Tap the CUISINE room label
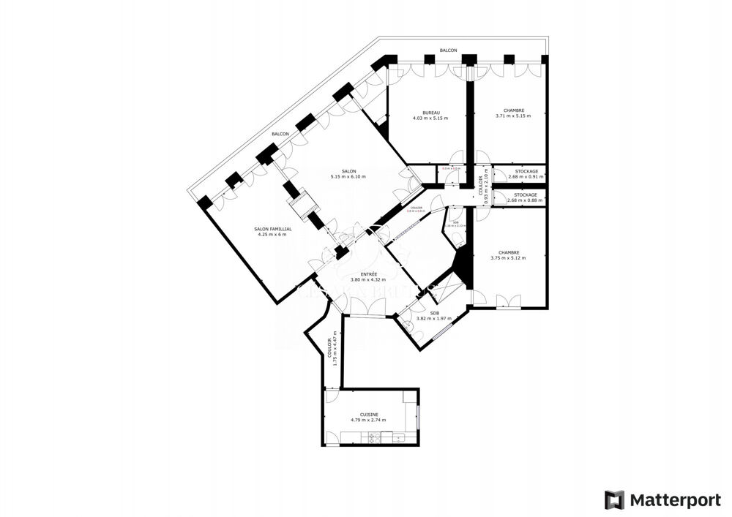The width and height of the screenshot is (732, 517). (368, 414)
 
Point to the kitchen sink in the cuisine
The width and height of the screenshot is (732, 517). (399, 438)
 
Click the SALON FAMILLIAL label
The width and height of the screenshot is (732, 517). (273, 229)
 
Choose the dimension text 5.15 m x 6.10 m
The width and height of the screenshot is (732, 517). (348, 176)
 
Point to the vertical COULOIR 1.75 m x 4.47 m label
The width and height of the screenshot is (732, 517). (332, 347)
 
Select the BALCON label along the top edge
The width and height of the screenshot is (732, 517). (448, 50)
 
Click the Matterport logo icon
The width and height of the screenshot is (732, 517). (614, 500)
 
